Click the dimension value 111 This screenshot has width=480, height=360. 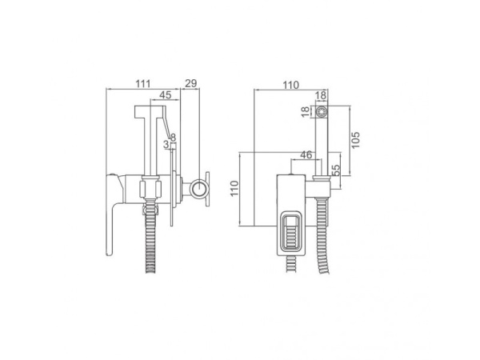pyautogui.click(x=143, y=83)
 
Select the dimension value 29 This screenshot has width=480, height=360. pyautogui.click(x=191, y=83)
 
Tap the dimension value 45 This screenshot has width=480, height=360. pyautogui.click(x=166, y=95)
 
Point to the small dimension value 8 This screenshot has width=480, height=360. pyautogui.click(x=174, y=138)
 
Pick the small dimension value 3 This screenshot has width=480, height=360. pyautogui.click(x=166, y=144)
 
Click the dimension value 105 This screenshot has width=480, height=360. pyautogui.click(x=355, y=140)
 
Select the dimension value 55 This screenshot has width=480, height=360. pyautogui.click(x=336, y=170)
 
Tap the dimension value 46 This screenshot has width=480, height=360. pyautogui.click(x=306, y=155)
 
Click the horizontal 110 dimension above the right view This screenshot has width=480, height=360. pyautogui.click(x=290, y=85)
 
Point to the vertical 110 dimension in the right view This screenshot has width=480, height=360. pyautogui.click(x=234, y=189)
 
